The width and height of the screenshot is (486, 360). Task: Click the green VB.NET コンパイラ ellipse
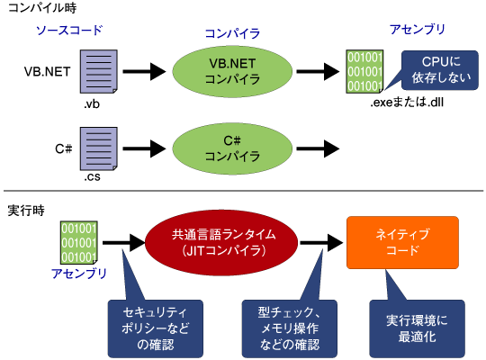coord(232,71)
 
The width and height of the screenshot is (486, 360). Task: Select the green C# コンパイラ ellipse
coord(232,148)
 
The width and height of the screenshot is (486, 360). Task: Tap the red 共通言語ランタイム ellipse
coord(221,242)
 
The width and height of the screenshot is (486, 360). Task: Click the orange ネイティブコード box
coord(402,242)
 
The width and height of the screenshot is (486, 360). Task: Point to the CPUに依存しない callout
coord(440,70)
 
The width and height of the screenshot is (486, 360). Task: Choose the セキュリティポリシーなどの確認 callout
coord(156,328)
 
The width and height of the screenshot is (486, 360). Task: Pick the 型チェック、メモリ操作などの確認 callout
coord(290,328)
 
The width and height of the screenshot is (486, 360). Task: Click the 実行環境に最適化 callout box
coord(417,328)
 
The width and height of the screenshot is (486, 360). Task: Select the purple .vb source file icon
coord(99,71)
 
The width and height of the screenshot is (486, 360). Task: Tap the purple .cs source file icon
coord(99,148)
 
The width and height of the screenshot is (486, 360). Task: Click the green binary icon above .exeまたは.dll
coord(364,71)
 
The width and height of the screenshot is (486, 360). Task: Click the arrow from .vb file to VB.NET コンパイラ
coord(144,71)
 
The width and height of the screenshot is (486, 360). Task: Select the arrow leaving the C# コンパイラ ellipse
coord(318,148)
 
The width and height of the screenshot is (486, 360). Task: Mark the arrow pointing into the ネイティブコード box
coord(321,242)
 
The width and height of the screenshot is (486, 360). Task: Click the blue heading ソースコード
coord(69,30)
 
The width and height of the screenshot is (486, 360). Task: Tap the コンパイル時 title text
coord(42,8)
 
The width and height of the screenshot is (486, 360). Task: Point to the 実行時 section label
coord(26,211)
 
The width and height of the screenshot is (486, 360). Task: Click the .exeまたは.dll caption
coord(407,102)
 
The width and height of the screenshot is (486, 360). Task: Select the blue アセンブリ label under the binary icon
coord(78,274)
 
